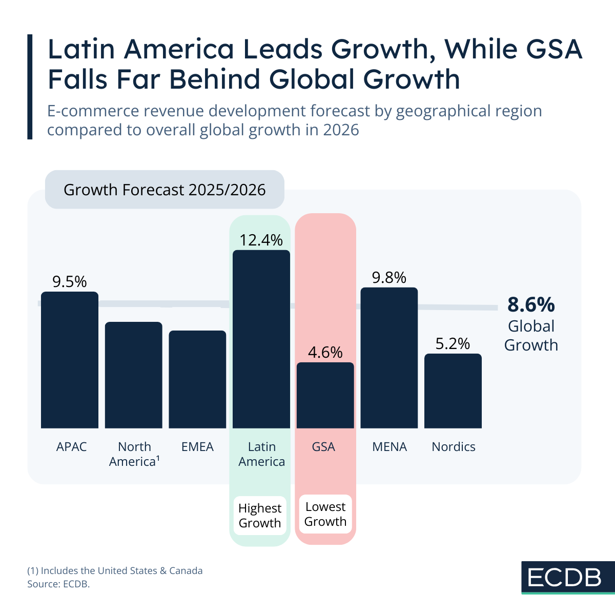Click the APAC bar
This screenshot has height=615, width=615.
coord(69,360)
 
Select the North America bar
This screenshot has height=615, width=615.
coord(133,375)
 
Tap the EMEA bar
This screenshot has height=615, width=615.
coord(197,379)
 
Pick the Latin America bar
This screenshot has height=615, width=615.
coord(261,339)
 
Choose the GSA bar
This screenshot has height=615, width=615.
coord(325,395)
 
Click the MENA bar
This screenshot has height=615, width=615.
coord(389,358)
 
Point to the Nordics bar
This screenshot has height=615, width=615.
coord(453,391)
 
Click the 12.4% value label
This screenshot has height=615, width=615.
coord(261,240)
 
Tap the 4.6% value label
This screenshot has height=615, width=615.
coord(325,353)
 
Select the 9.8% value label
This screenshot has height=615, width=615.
coord(389,278)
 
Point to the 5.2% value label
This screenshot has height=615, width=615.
coord(453,344)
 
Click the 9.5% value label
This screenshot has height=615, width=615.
coord(69,282)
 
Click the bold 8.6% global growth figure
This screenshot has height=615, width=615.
coord(531,304)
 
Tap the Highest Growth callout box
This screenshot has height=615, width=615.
coord(260,516)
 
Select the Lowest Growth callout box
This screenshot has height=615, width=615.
coord(325,514)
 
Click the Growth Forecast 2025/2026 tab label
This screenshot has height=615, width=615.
coord(165,190)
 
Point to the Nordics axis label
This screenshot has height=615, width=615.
coord(454,447)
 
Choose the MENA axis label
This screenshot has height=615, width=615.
coord(389,447)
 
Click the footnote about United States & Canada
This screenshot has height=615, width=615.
coord(115,570)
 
